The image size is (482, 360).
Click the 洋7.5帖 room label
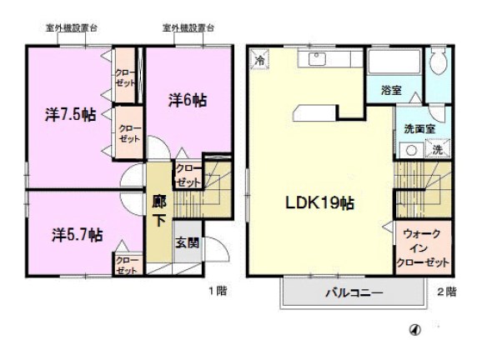click(70, 114)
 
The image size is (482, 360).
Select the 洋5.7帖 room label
click(75, 235)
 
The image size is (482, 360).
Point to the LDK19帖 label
click(315, 203)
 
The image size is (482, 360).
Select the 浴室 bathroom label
click(392, 90)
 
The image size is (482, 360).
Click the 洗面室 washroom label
click(419, 129)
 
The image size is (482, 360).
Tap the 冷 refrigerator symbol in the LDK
click(260, 60)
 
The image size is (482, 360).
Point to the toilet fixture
click(438, 69)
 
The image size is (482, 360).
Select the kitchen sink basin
click(318, 59)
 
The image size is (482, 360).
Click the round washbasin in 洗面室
click(410, 150)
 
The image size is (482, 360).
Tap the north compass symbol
click(414, 330)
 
